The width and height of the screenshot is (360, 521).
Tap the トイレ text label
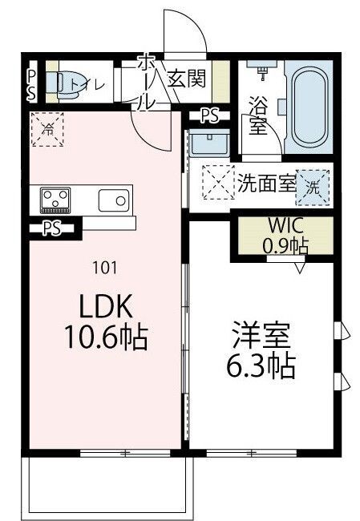(x=88, y=81)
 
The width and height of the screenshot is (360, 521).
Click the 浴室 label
(x=257, y=117)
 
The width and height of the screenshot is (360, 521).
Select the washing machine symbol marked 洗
(x=315, y=188)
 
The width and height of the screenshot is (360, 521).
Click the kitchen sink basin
(x=114, y=198)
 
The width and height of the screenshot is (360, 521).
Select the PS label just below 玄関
(x=208, y=116)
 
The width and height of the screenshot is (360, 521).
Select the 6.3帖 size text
(x=258, y=367)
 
